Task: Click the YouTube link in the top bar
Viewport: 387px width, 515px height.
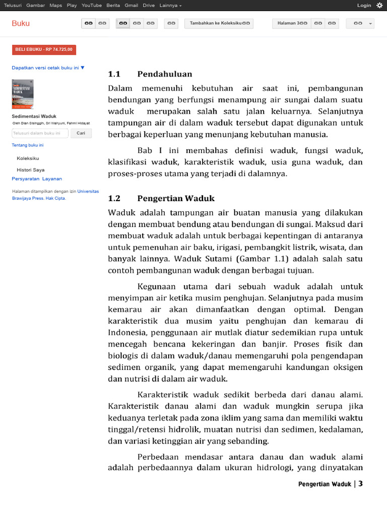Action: click(91, 5)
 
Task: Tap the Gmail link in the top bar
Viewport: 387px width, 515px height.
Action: click(131, 5)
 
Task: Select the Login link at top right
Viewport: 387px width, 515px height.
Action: click(364, 5)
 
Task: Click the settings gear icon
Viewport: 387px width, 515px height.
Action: click(379, 5)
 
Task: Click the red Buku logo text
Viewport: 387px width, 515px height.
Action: click(21, 23)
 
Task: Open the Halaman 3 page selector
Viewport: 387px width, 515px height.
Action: click(292, 23)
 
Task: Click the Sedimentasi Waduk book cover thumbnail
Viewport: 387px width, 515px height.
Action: click(23, 94)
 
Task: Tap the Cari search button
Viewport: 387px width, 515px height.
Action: click(81, 133)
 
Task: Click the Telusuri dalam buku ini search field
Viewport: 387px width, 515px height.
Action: click(40, 133)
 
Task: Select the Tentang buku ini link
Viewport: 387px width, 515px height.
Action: click(27, 145)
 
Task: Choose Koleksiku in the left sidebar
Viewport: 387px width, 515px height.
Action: click(28, 158)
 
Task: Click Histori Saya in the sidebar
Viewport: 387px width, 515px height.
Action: click(31, 170)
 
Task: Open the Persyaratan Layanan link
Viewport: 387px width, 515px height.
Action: click(37, 179)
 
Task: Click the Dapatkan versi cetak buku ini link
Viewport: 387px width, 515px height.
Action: click(48, 67)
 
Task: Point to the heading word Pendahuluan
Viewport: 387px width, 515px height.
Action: click(164, 74)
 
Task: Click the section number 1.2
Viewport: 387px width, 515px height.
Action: click(114, 198)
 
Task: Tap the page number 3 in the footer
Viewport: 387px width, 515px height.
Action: click(361, 484)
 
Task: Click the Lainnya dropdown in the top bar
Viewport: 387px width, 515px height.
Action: click(170, 5)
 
